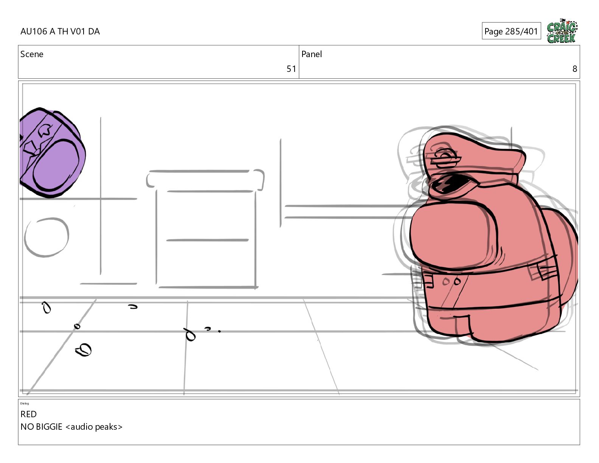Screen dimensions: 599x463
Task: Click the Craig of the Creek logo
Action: coord(562,31)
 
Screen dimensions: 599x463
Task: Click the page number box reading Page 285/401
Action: coord(511,31)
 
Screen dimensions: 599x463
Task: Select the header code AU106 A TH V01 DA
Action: coord(60,31)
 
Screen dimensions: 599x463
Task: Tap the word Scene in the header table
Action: coord(32,54)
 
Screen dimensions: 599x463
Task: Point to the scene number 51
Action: coord(291,69)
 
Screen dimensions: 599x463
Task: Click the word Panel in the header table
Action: coord(312,54)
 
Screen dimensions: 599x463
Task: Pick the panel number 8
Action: coord(575,69)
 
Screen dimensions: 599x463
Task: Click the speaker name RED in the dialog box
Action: coord(28,414)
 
